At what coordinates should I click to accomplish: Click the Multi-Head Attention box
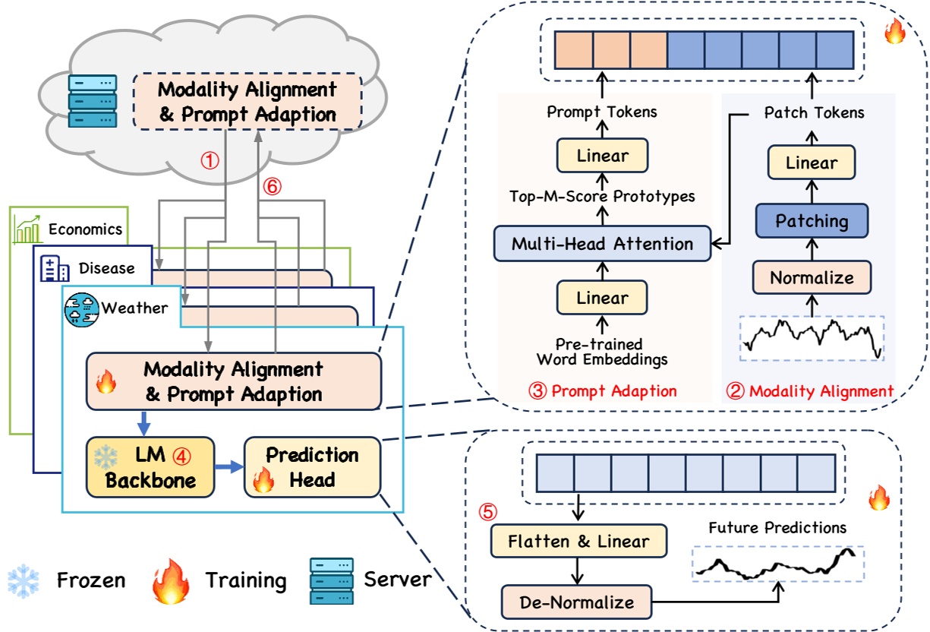(x=602, y=244)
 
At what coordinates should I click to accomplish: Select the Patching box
(x=812, y=221)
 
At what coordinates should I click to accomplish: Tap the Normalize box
(x=812, y=278)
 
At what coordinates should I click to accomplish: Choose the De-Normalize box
(x=577, y=602)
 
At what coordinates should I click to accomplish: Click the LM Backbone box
(x=150, y=467)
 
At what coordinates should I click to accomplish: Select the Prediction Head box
(x=312, y=467)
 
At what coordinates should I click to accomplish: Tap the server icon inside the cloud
(x=93, y=100)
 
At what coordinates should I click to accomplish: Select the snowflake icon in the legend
(x=24, y=581)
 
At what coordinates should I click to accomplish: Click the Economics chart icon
(x=28, y=228)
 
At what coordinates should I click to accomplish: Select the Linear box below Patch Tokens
(x=812, y=163)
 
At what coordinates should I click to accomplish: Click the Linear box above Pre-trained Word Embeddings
(x=602, y=298)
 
